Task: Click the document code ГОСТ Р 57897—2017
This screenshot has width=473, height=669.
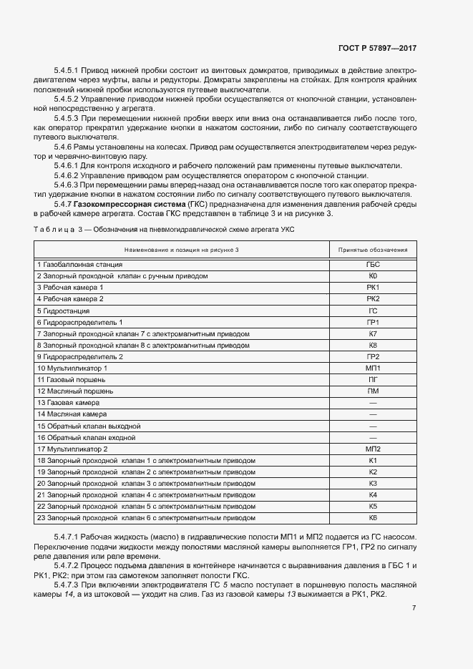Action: click(x=376, y=48)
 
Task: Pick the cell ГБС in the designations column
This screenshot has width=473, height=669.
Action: click(x=372, y=264)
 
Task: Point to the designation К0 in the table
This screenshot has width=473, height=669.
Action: click(x=372, y=275)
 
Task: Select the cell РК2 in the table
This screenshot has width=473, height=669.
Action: click(x=372, y=298)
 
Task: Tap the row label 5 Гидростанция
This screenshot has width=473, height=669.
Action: click(x=63, y=311)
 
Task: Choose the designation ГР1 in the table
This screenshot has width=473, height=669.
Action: click(x=372, y=322)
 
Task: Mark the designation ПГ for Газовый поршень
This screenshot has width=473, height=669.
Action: click(x=372, y=379)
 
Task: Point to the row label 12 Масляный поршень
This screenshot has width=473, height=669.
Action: click(x=74, y=391)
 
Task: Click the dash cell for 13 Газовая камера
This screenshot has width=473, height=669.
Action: click(x=372, y=403)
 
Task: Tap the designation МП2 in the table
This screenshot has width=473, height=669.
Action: click(x=372, y=449)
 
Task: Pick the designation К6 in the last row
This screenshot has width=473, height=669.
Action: click(x=372, y=518)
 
